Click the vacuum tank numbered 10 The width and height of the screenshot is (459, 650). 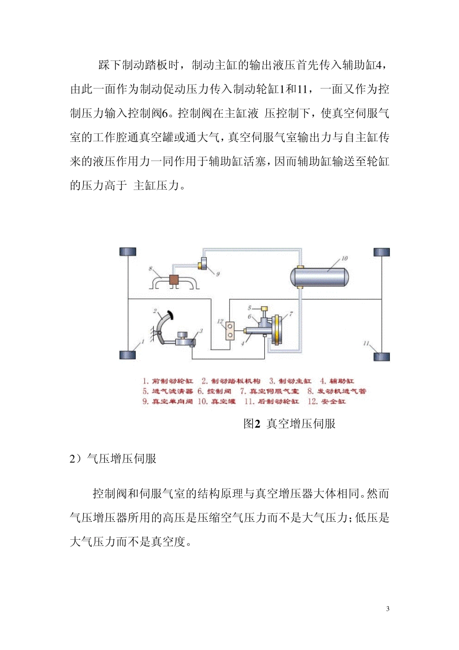(319, 277)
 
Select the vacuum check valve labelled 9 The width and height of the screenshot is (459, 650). (203, 264)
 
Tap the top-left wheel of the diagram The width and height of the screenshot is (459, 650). (128, 252)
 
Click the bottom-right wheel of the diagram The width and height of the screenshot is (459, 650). (381, 357)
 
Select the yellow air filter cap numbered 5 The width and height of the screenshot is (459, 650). (264, 308)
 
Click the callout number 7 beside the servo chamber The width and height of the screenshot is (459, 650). (291, 314)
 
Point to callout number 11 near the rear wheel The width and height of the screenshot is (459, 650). (366, 343)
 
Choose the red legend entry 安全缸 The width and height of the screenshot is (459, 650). (333, 401)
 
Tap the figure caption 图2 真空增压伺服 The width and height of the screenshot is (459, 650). (289, 424)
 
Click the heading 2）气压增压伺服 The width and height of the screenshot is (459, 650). (114, 458)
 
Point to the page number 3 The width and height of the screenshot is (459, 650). (387, 609)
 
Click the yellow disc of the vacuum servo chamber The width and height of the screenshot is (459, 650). (277, 330)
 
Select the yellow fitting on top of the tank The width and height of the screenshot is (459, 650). (300, 267)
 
